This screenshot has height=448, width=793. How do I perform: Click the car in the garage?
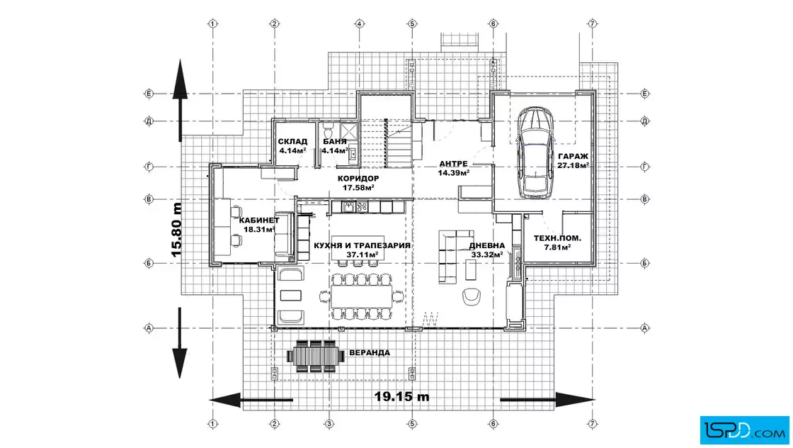pos(535,152)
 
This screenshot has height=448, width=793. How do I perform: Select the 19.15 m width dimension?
pos(401,396)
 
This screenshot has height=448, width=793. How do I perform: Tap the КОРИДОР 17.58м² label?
pos(358,183)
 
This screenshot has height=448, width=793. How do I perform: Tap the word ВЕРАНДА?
pos(370,353)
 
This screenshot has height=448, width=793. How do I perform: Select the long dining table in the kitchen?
pos(361,296)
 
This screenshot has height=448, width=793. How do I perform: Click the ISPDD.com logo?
pos(744,430)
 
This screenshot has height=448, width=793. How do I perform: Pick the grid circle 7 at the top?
pos(593,23)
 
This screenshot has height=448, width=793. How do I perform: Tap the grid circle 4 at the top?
pos(360,23)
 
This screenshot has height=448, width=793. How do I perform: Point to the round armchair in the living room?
pos(472,296)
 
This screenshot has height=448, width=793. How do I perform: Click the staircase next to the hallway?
pos(399,144)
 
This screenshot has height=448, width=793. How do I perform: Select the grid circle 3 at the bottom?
pos(329,424)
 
